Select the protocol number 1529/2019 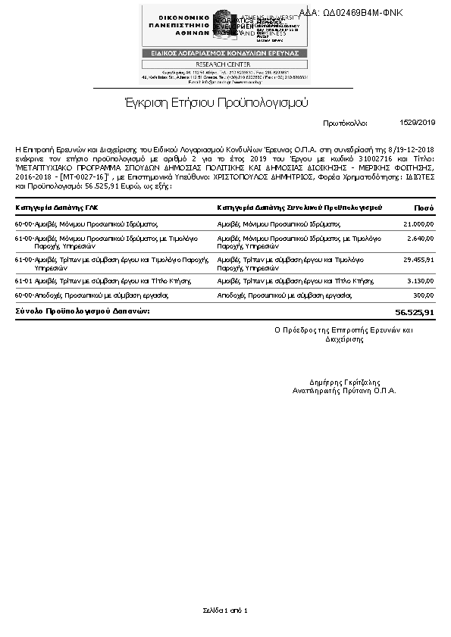[417, 122]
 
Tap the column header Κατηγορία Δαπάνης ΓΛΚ [57, 207]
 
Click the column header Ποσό [424, 207]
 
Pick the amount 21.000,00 [418, 224]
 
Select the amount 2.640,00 [421, 239]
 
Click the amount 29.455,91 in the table [418, 260]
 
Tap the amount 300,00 [424, 295]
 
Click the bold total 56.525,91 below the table [415, 312]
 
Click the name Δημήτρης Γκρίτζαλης [345, 383]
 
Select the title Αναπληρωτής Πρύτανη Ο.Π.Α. [345, 391]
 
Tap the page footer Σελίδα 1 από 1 [225, 610]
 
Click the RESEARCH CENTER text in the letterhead [224, 64]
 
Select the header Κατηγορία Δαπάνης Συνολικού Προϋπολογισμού [299, 207]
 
